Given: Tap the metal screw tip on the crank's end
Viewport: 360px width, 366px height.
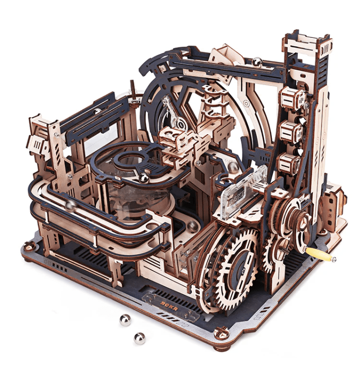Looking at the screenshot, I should pyautogui.click(x=333, y=260).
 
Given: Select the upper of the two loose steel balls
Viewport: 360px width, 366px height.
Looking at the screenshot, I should pyautogui.click(x=124, y=320).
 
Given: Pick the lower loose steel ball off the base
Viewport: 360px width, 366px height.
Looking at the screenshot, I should pyautogui.click(x=139, y=337).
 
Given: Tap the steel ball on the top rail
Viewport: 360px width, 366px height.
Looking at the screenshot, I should pyautogui.click(x=257, y=62).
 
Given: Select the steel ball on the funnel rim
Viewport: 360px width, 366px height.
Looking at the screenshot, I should pyautogui.click(x=144, y=178).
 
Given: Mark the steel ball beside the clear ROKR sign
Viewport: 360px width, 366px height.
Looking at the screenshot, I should pyautogui.click(x=234, y=167).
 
